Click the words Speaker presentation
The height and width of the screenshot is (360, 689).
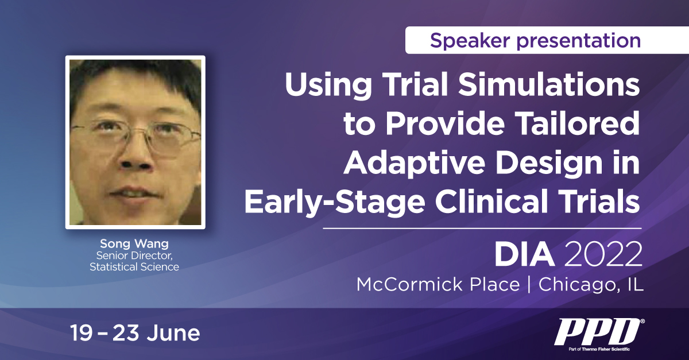pyautogui.click(x=535, y=40)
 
